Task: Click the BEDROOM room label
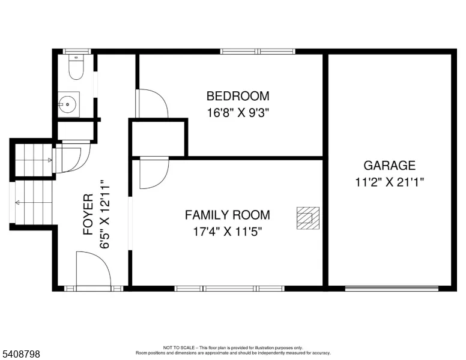tap(238, 96)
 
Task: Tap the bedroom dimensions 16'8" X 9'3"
tap(238, 113)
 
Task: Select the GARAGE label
tap(389, 166)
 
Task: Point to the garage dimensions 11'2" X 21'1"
tap(389, 182)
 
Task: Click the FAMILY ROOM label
tap(228, 215)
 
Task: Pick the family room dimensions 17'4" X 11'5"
tap(228, 232)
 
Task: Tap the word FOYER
tap(88, 214)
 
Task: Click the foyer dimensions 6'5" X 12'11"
tap(105, 214)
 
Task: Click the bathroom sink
tap(68, 104)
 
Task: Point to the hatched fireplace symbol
tap(308, 218)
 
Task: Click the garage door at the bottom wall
tap(392, 288)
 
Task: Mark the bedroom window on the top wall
tap(258, 52)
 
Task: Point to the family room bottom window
tap(229, 288)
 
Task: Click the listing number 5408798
tap(21, 354)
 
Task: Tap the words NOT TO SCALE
tap(179, 347)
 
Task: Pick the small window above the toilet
tap(77, 52)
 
